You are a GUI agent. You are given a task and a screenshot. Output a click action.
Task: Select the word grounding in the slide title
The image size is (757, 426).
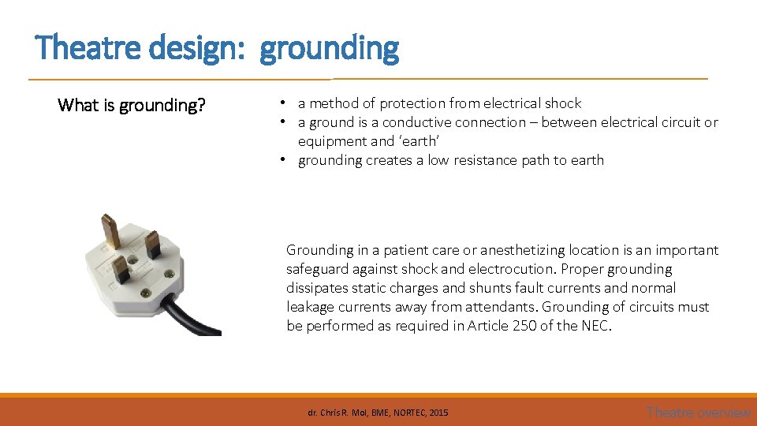click(329, 48)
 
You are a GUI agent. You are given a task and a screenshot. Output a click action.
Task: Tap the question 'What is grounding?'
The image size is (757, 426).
click(132, 105)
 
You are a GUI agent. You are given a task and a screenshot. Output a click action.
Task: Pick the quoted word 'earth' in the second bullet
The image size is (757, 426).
click(419, 141)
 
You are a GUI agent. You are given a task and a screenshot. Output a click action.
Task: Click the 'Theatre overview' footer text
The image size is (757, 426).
click(698, 412)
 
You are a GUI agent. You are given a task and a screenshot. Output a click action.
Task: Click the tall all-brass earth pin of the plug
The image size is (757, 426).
click(111, 230)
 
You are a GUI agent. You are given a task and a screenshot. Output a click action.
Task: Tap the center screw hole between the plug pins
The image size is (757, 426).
click(132, 254)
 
